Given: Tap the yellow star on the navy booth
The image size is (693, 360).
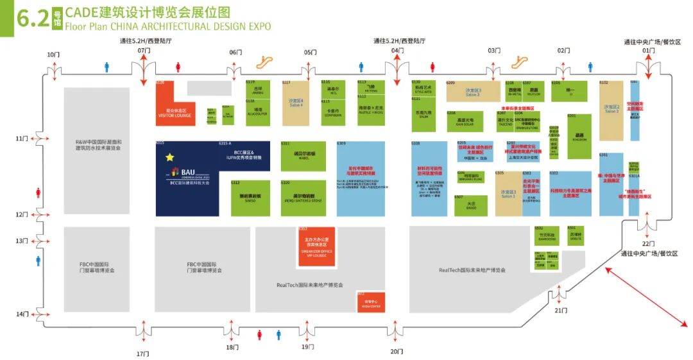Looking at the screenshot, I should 170,157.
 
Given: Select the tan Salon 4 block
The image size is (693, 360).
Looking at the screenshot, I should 296,103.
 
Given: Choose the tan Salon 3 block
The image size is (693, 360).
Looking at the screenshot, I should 473,92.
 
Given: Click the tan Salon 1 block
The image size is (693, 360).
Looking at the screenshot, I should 508,193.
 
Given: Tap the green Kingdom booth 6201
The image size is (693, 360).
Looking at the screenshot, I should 579,136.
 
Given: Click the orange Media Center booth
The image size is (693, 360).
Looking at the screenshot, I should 372,302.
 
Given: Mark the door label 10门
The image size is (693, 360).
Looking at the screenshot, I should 52,55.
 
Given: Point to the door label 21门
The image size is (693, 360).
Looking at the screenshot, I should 560,311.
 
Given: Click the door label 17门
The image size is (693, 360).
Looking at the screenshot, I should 142,354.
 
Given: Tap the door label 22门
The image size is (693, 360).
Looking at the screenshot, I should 649,244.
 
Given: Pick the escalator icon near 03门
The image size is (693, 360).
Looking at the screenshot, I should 519,62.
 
